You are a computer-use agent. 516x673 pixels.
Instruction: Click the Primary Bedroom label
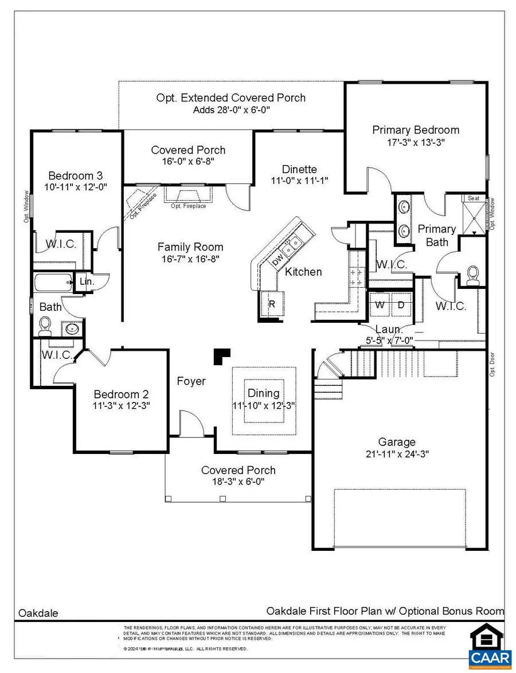[x=416, y=130]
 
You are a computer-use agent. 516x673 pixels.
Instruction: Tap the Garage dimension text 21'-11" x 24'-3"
[x=396, y=453]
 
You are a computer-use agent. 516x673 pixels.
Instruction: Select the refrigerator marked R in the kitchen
[x=272, y=304]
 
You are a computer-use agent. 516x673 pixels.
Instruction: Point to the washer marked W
[x=380, y=305]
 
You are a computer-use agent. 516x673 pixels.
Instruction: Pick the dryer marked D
[x=401, y=305]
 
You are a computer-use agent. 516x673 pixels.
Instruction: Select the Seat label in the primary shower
[x=474, y=198]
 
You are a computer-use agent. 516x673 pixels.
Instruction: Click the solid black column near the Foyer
[x=222, y=356]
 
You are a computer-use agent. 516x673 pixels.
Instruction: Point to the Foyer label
[x=191, y=381]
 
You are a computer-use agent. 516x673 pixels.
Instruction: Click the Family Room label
[x=190, y=247]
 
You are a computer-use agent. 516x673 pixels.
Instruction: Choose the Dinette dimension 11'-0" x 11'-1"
[x=299, y=180]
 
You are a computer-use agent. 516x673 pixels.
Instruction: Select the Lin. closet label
[x=87, y=281]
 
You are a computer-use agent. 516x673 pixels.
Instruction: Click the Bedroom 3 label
[x=75, y=175]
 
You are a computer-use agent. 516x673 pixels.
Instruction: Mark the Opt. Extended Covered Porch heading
[x=230, y=97]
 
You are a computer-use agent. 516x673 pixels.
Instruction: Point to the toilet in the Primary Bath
[x=474, y=275]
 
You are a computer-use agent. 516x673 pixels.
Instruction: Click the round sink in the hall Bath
[x=72, y=329]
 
